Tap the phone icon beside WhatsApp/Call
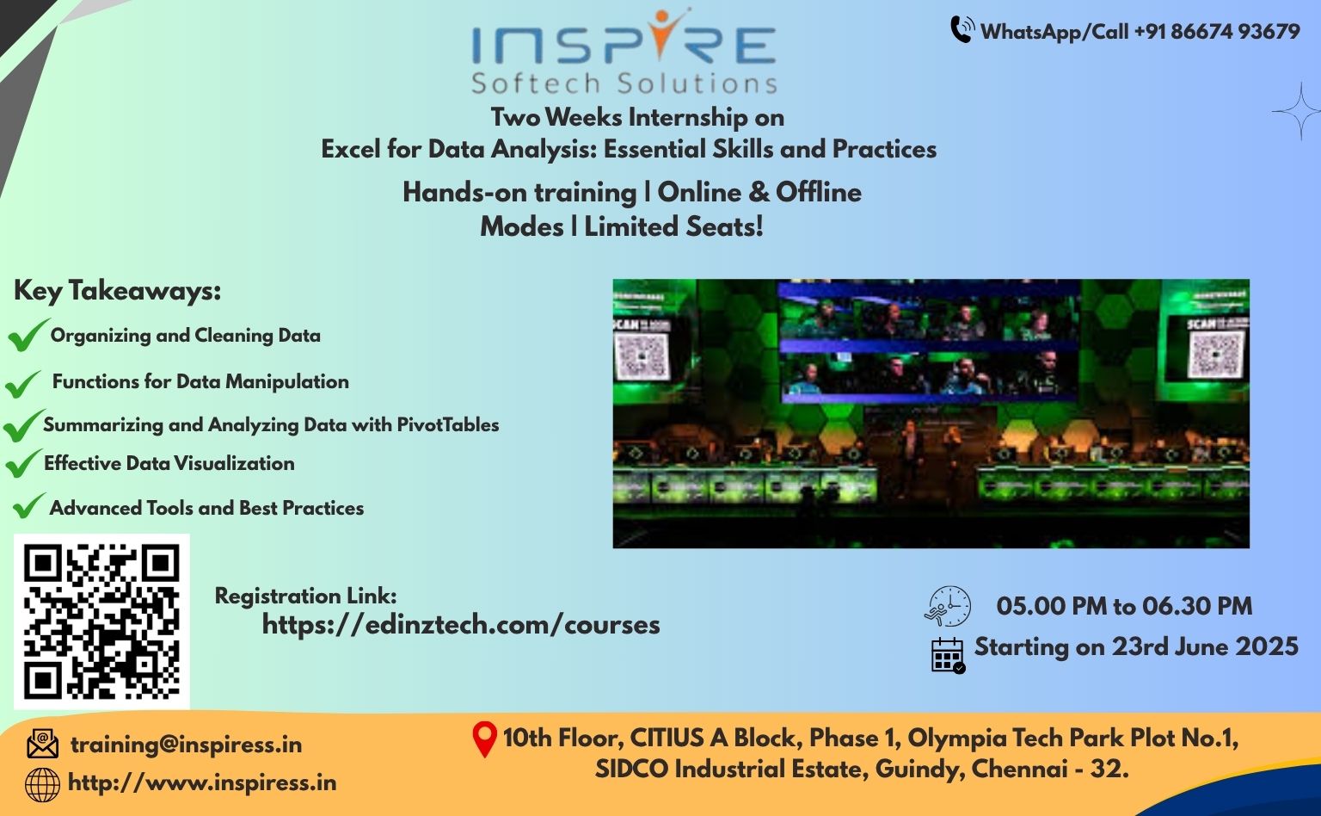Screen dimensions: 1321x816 [x=962, y=29]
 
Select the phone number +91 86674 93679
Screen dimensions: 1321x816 [x=1217, y=31]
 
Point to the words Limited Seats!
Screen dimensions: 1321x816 [x=673, y=226]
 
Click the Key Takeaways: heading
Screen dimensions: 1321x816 [x=117, y=291]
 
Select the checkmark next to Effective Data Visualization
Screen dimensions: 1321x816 [x=23, y=463]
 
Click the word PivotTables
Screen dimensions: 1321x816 [x=447, y=424]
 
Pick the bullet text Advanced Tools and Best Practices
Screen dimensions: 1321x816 [x=206, y=508]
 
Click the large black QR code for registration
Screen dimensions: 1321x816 [x=101, y=621]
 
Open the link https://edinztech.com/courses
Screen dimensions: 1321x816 [x=461, y=625]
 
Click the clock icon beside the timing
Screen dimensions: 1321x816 [x=947, y=606]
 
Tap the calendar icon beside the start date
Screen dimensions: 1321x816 [x=948, y=655]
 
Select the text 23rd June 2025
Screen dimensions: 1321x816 [x=1205, y=646]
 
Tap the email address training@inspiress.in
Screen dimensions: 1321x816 [x=187, y=745]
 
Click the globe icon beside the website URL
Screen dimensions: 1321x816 [x=42, y=785]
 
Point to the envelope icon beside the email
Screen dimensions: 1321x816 [x=42, y=744]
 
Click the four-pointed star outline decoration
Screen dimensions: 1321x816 [x=1299, y=111]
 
